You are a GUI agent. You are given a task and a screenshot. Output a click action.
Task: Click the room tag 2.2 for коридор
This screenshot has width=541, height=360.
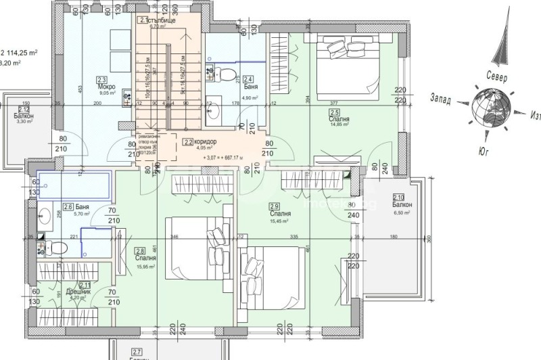(187, 142)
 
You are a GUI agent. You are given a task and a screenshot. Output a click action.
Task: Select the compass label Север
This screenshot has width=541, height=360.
(497, 78)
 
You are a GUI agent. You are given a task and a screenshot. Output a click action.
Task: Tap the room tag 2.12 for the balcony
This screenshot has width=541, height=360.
(24, 109)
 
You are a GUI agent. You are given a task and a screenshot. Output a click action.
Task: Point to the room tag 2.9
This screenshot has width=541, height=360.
(274, 206)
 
